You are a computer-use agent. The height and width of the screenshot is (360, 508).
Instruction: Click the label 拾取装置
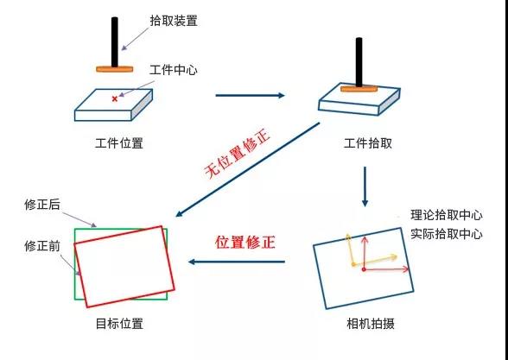(x=174, y=21)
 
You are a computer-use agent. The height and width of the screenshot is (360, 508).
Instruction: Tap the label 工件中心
(x=174, y=70)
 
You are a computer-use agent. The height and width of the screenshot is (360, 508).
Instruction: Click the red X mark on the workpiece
(x=115, y=98)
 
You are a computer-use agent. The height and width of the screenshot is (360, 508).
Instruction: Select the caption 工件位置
(x=119, y=143)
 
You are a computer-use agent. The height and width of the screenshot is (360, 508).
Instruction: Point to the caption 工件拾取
(x=368, y=143)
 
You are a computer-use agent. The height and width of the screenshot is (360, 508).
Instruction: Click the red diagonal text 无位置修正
(x=238, y=154)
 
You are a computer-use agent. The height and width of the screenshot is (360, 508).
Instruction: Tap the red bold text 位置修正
(x=245, y=242)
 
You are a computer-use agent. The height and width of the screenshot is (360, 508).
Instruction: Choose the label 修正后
(x=42, y=205)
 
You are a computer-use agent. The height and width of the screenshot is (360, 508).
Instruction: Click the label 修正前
(x=42, y=246)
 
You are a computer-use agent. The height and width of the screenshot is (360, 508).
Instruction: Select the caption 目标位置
(x=119, y=324)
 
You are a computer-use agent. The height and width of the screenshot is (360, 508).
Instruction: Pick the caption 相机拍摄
(x=371, y=324)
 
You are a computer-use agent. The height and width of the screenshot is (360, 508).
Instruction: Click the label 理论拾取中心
(x=447, y=215)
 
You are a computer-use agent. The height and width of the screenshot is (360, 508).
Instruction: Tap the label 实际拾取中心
(x=447, y=234)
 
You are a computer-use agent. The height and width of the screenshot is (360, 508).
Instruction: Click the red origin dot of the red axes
(x=364, y=269)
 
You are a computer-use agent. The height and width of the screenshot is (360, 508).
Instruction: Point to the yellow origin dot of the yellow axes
(x=353, y=265)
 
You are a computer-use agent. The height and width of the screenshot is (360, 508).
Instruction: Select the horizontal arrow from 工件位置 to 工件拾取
(x=251, y=95)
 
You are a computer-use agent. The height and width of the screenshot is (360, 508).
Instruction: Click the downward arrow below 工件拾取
(x=365, y=186)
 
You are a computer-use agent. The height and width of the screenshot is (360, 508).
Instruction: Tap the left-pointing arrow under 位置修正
(x=237, y=262)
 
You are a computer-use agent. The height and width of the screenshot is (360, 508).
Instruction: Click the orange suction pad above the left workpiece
(x=115, y=69)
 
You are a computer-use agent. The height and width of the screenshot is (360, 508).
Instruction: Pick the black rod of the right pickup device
(x=359, y=62)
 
